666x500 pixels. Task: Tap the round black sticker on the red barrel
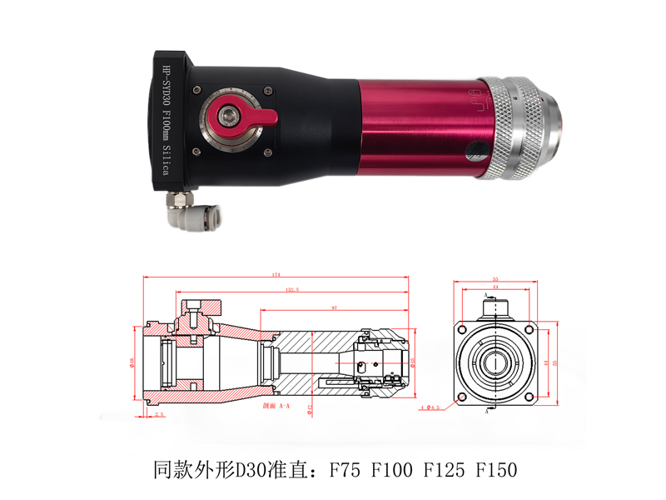[475, 152]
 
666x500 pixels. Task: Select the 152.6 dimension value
[292, 289]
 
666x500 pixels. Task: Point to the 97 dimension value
[333, 307]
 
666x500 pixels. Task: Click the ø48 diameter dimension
[132, 362]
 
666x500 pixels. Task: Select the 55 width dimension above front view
[495, 279]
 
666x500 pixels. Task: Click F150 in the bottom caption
[495, 469]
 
